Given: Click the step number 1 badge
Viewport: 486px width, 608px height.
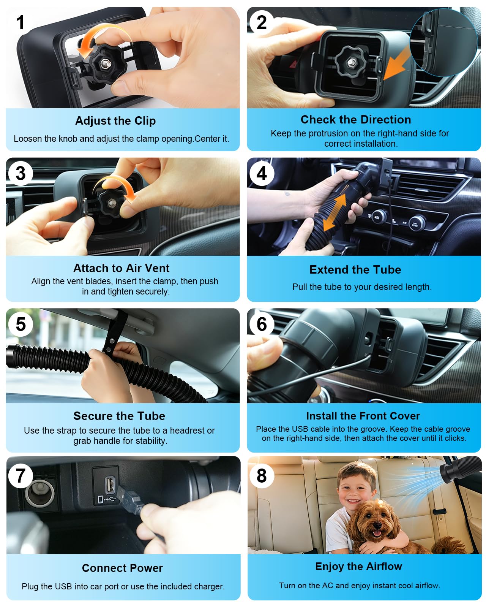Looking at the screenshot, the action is point(21,22).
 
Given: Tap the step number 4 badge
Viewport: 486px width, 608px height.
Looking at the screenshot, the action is point(262,173).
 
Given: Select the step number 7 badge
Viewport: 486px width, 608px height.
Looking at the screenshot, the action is point(21,475).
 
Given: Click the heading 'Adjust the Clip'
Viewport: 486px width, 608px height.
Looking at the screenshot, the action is point(115,120).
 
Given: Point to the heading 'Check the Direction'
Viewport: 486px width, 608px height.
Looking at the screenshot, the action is point(355,119).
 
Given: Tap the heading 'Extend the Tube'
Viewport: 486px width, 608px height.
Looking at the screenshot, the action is point(355,269).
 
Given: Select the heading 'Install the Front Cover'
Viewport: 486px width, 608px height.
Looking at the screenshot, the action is point(363,416).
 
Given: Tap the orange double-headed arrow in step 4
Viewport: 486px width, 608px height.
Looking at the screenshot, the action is point(335,212).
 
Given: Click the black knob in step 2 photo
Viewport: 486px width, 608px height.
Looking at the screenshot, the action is point(351,62).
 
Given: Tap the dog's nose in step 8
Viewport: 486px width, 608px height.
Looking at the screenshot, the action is point(376,524).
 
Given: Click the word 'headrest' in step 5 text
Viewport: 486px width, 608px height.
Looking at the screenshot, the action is point(187,430).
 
